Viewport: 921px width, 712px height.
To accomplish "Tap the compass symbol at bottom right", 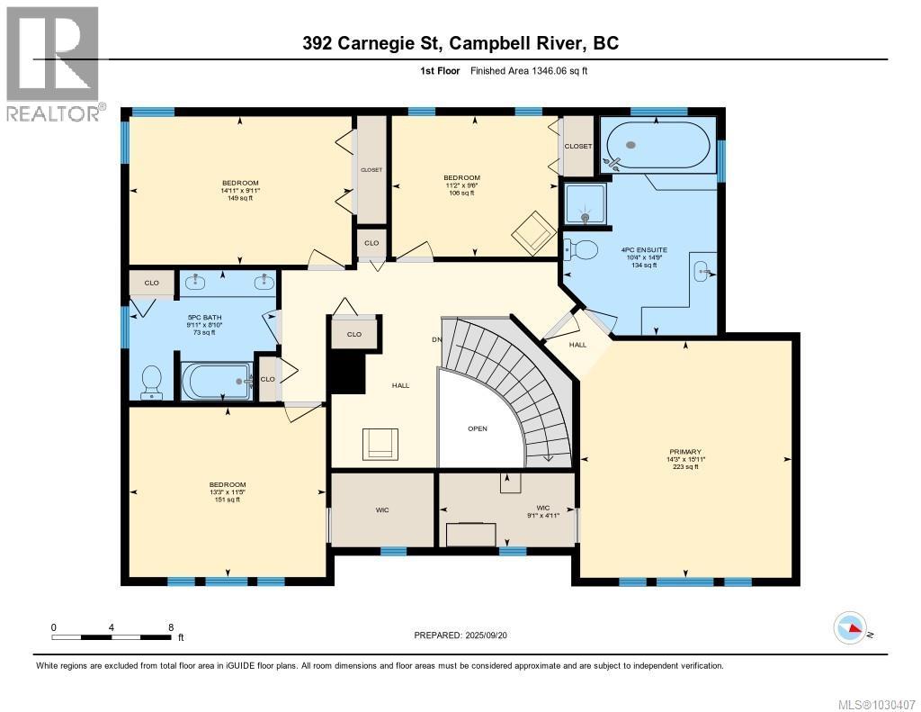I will [850, 627].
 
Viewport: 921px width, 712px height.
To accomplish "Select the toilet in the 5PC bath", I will [152, 382].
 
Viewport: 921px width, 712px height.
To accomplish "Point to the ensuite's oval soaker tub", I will [657, 145].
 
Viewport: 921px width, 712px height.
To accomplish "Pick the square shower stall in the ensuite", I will [584, 203].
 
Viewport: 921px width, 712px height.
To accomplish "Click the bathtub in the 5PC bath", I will [217, 382].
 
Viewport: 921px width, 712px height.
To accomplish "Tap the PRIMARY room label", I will [684, 452].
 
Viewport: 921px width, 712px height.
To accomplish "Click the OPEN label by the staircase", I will [477, 428].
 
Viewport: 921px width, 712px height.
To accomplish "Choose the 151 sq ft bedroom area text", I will [227, 500].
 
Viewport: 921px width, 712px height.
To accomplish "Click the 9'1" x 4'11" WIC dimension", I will [542, 516].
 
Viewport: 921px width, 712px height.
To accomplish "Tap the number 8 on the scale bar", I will [170, 627].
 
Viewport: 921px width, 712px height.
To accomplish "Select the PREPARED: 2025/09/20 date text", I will [466, 635].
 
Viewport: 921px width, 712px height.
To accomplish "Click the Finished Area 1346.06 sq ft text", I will [529, 70].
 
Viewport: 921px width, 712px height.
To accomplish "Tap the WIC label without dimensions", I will [382, 510].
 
